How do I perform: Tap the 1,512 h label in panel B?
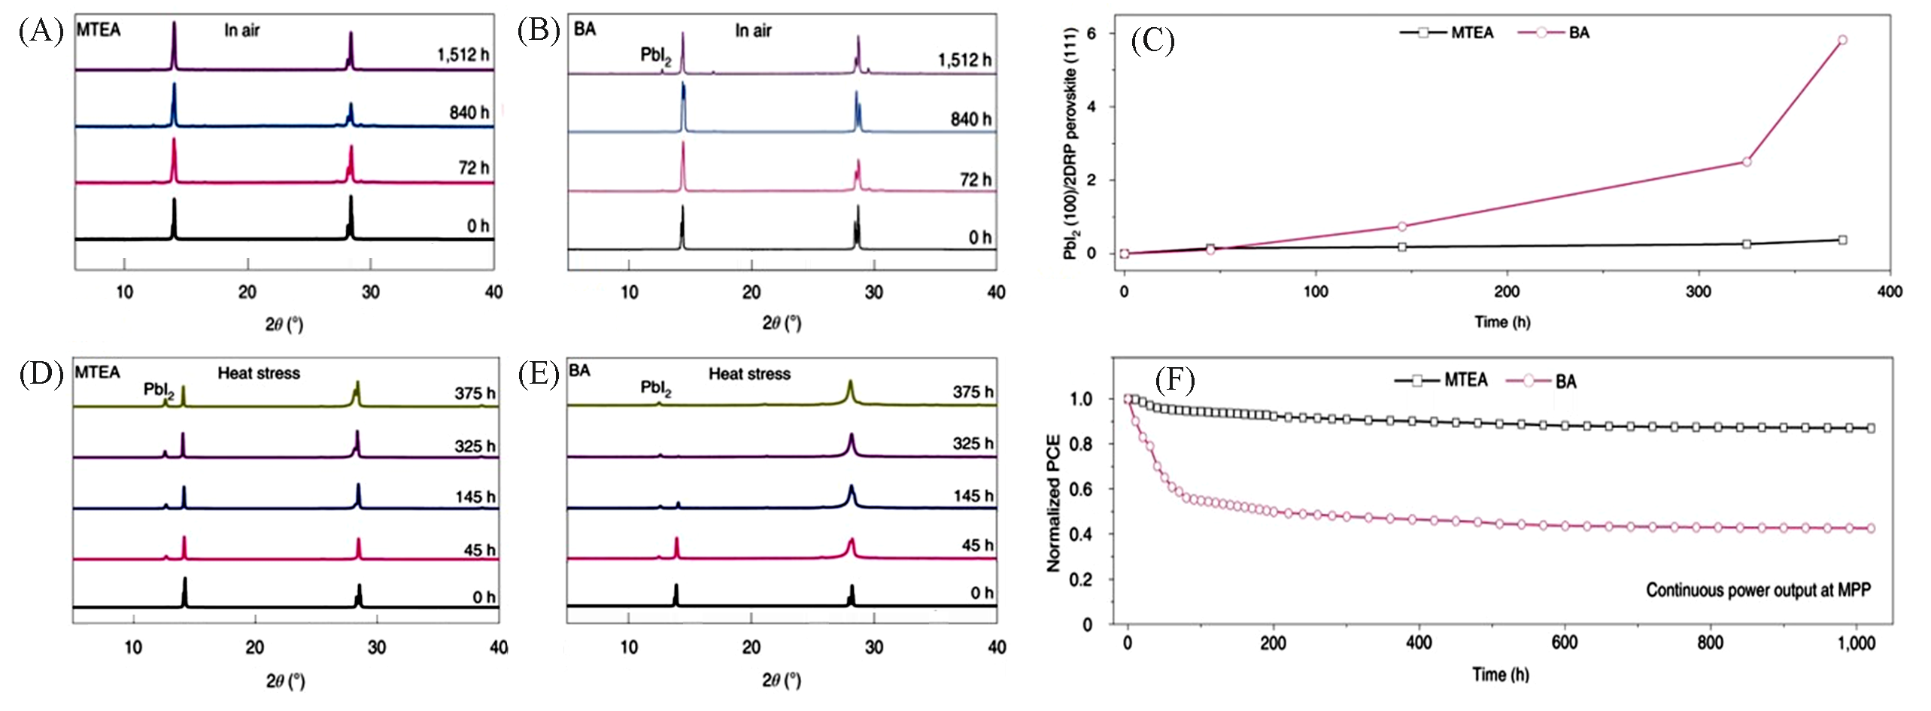tap(964, 60)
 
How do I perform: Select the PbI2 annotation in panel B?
tap(655, 55)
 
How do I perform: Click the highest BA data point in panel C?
tap(1842, 40)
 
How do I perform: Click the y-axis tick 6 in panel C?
tap(1092, 34)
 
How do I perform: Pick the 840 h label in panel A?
tap(469, 113)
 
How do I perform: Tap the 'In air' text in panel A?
tap(241, 31)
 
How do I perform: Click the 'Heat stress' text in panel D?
tap(259, 373)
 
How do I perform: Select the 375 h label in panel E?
tap(973, 392)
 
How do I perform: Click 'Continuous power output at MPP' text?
tap(1758, 590)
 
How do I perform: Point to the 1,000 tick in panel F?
tap(1857, 643)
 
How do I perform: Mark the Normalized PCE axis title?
tap(1054, 503)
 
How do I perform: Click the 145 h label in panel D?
tap(475, 497)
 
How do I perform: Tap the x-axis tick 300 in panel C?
tap(1699, 292)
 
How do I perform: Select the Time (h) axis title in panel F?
tap(1500, 674)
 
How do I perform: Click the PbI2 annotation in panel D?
tap(159, 390)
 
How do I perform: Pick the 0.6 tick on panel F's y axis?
tap(1082, 489)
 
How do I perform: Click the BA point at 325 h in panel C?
tap(1747, 162)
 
